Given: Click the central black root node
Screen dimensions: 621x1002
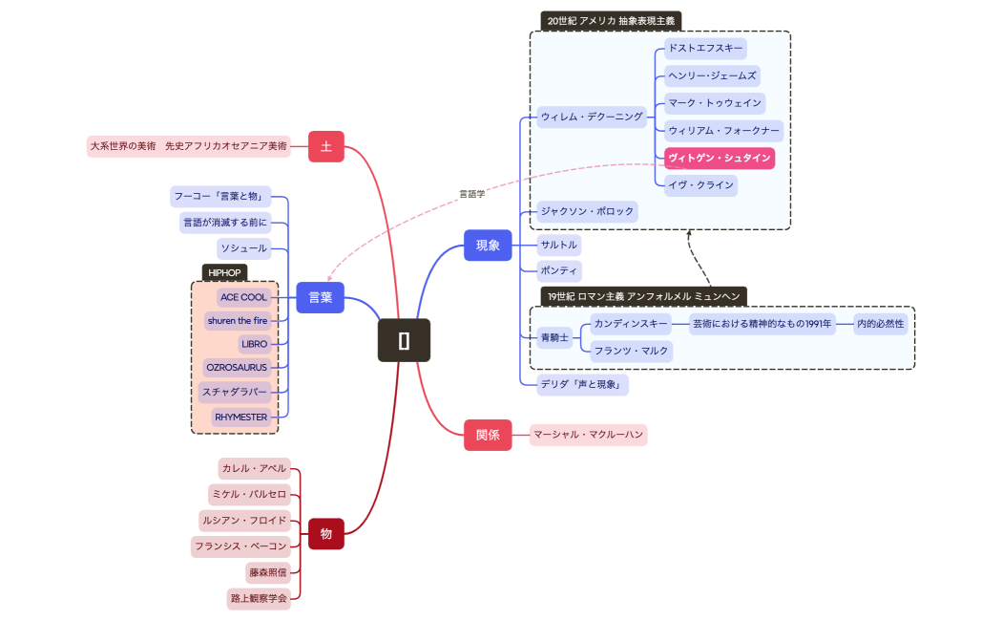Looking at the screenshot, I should [x=404, y=341].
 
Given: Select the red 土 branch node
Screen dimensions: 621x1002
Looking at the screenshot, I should [x=326, y=146].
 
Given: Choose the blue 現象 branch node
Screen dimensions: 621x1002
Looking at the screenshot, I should [x=488, y=246].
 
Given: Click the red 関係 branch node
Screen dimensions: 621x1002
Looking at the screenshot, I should [x=488, y=435].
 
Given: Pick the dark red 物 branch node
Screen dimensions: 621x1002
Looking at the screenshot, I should [x=325, y=533].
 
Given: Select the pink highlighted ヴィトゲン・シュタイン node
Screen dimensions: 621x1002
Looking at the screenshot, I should [x=720, y=158].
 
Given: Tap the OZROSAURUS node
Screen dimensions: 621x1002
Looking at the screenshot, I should [x=237, y=367].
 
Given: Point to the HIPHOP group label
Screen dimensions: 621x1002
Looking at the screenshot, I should [x=224, y=272].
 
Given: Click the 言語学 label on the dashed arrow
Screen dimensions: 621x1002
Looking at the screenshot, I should [x=472, y=194].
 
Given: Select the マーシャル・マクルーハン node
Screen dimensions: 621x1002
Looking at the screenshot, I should [x=588, y=435].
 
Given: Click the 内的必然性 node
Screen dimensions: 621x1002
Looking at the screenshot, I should [x=880, y=324].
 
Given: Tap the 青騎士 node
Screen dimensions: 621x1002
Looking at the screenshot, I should [x=553, y=337].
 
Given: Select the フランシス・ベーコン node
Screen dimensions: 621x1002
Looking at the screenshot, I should [x=240, y=546].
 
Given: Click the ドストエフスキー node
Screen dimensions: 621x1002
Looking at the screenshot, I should [x=704, y=47].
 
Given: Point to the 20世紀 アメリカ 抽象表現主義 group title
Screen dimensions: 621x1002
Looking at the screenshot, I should [x=611, y=20].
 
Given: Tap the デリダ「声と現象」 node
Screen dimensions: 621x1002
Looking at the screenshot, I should [x=581, y=385].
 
